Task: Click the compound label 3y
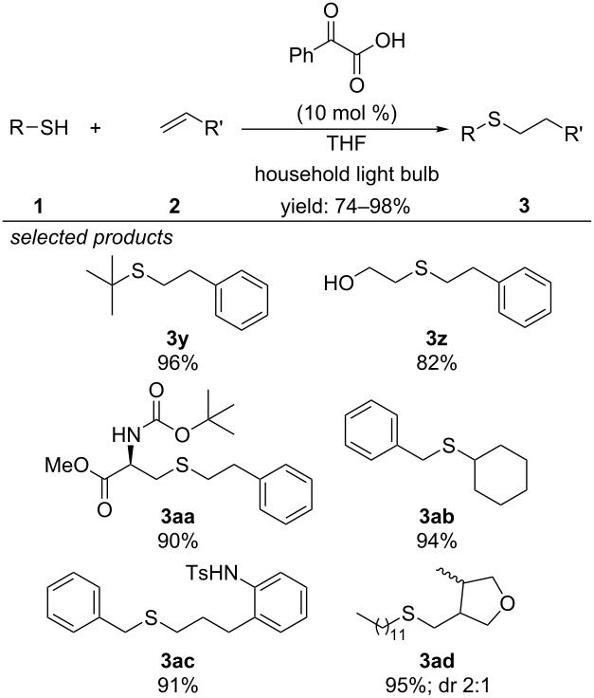pyautogui.click(x=177, y=340)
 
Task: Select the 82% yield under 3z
pyautogui.click(x=436, y=363)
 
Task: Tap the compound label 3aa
pyautogui.click(x=177, y=517)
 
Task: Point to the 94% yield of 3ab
pyautogui.click(x=436, y=542)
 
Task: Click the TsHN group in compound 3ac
pyautogui.click(x=211, y=573)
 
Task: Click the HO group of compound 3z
pyautogui.click(x=339, y=284)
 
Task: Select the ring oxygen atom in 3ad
pyautogui.click(x=507, y=603)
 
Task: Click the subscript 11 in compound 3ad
pyautogui.click(x=397, y=634)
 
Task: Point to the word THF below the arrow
pyautogui.click(x=347, y=144)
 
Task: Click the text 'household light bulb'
pyautogui.click(x=347, y=174)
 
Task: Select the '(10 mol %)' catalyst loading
pyautogui.click(x=347, y=114)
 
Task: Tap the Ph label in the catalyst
pyautogui.click(x=301, y=56)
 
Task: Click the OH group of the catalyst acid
pyautogui.click(x=390, y=41)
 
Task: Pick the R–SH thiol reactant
pyautogui.click(x=39, y=129)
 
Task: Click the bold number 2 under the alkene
pyautogui.click(x=174, y=206)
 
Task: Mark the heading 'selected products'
pyautogui.click(x=92, y=237)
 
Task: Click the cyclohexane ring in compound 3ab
pyautogui.click(x=501, y=474)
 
